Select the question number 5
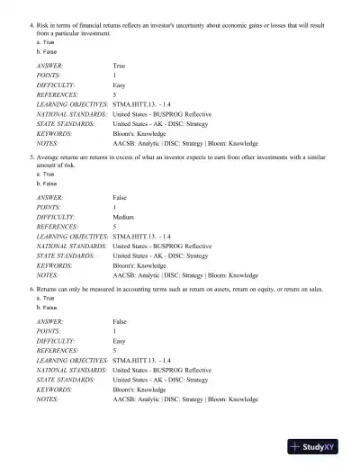pyautogui.click(x=31, y=156)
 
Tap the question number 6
pyautogui.click(x=31, y=289)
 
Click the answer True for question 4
pyautogui.click(x=119, y=67)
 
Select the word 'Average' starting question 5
pyautogui.click(x=50, y=156)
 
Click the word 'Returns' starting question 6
pyautogui.click(x=50, y=289)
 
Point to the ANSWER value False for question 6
pyautogui.click(x=120, y=321)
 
